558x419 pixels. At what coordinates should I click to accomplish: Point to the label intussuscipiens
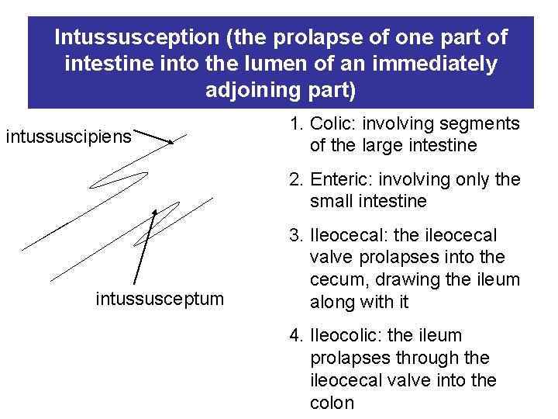click(x=69, y=137)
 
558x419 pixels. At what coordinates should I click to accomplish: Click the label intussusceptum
click(x=160, y=298)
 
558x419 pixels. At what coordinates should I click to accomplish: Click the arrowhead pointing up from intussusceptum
click(x=154, y=211)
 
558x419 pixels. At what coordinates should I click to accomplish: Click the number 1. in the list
click(x=296, y=123)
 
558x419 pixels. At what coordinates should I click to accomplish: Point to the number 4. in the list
click(x=296, y=336)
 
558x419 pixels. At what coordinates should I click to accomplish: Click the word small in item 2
click(x=331, y=202)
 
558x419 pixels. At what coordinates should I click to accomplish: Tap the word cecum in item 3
click(x=336, y=279)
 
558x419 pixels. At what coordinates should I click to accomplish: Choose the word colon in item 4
click(x=332, y=403)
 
